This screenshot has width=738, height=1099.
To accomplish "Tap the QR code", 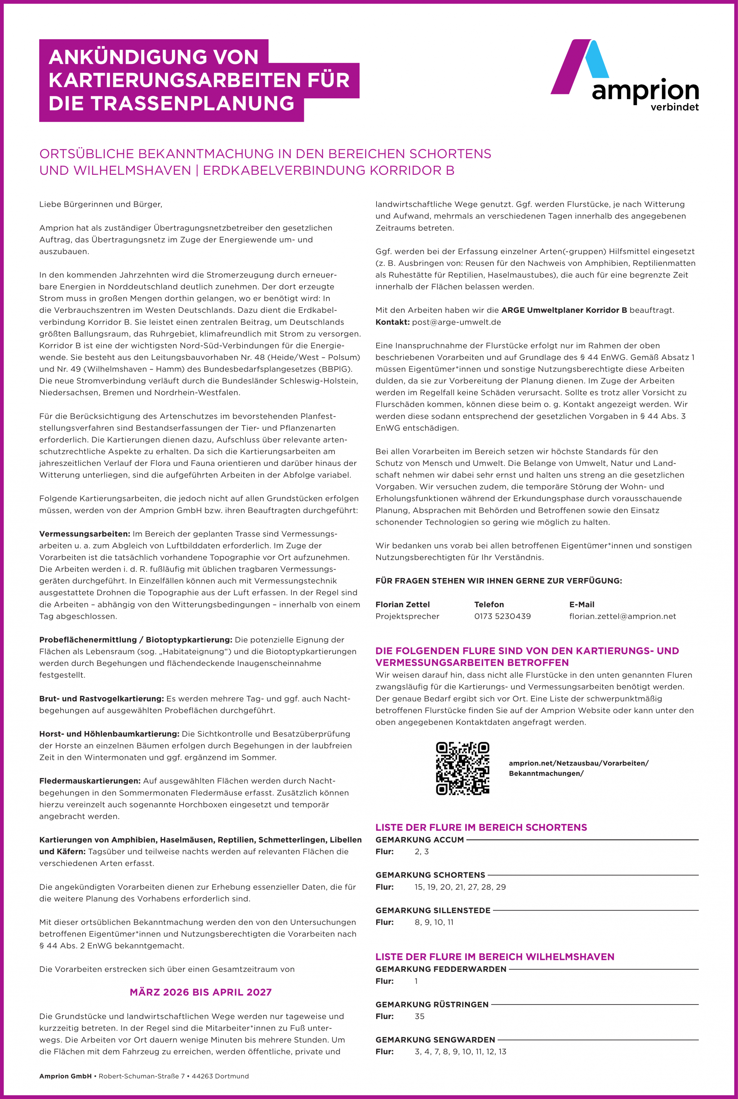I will click(x=462, y=769).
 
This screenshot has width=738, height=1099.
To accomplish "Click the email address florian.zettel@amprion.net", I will click(x=622, y=616).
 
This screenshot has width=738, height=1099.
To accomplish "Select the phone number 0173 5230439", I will click(x=502, y=616).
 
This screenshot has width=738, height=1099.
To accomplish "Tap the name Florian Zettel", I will click(x=403, y=604).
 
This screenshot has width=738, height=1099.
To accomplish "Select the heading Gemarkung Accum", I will click(x=419, y=840).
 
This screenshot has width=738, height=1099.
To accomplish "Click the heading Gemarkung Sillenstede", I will click(x=432, y=910).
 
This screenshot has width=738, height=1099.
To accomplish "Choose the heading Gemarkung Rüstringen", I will click(x=432, y=1004).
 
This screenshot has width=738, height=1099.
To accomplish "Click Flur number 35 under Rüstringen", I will click(x=419, y=1016).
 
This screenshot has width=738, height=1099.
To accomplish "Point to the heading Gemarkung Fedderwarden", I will click(x=441, y=969).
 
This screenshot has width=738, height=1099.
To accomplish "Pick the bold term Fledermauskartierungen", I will click(x=90, y=781).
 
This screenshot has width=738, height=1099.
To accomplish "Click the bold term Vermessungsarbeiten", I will click(x=84, y=534).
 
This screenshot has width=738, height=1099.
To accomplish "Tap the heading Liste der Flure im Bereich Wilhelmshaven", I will click(x=495, y=957).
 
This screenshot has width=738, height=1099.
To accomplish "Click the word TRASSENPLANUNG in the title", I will click(x=192, y=103).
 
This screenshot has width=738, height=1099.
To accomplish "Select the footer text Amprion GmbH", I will click(x=66, y=1076).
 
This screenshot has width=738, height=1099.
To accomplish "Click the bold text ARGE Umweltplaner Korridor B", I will click(x=564, y=310).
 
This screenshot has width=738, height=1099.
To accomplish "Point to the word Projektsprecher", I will click(x=407, y=616).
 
